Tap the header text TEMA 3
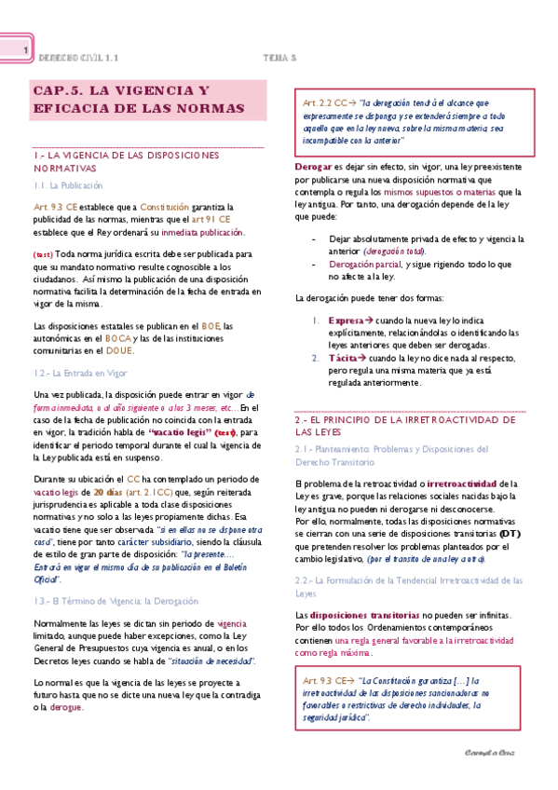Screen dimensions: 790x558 pyautogui.click(x=279, y=57)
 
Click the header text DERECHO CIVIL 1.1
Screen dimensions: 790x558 pyautogui.click(x=78, y=57)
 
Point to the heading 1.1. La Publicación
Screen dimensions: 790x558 pyautogui.click(x=68, y=186)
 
